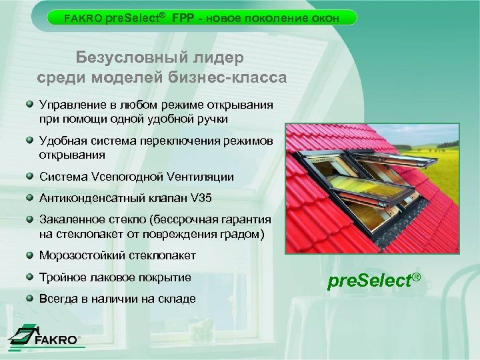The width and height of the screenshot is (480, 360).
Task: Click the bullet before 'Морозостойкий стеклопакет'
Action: click(31, 255)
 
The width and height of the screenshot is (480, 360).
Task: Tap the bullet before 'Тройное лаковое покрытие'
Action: click(31, 276)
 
